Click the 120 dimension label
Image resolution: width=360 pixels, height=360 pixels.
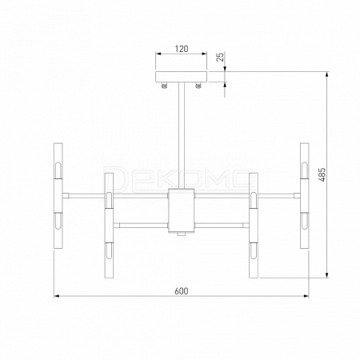[182, 49]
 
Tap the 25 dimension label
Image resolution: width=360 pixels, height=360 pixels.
[220, 57]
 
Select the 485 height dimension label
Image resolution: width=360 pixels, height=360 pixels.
[322, 175]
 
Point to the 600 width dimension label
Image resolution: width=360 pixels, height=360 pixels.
[182, 291]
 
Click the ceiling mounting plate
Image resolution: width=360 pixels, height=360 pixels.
[182, 77]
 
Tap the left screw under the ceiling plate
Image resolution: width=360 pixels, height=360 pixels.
[165, 85]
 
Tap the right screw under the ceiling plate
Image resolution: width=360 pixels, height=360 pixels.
[198, 85]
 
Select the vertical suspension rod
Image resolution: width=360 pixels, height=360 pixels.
[182, 135]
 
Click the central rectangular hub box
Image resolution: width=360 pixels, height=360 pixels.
[182, 210]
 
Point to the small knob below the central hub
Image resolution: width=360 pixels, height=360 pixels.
[182, 234]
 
